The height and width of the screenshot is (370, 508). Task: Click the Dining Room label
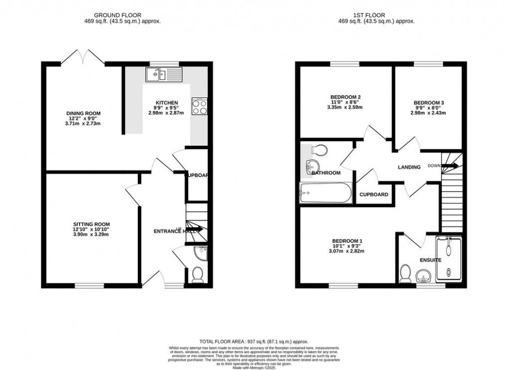tap(83, 114)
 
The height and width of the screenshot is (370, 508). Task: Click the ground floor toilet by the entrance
tap(198, 274)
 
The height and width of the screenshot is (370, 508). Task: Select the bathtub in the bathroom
tap(326, 193)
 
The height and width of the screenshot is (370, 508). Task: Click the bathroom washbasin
tap(312, 167)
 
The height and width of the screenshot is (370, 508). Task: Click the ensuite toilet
tap(405, 273)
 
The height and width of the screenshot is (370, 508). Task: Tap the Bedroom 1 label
tap(347, 241)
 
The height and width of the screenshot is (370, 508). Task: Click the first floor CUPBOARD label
tap(374, 195)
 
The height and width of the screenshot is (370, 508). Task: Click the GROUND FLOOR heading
tap(122, 15)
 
